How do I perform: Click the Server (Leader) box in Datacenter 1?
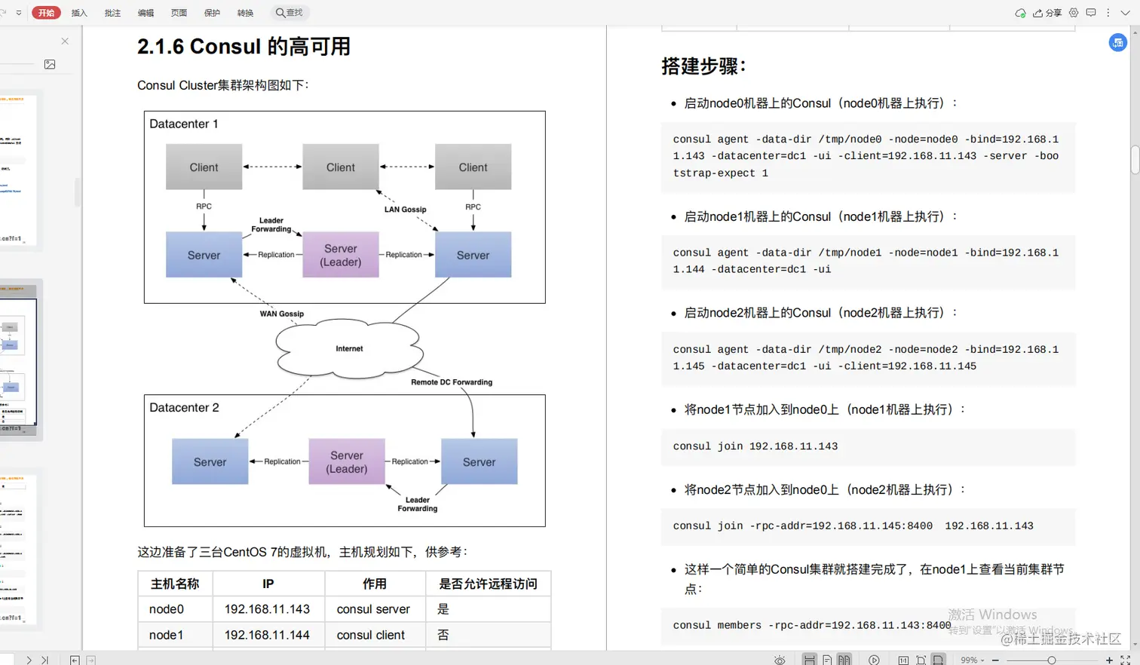point(341,255)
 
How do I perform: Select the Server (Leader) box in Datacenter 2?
point(347,461)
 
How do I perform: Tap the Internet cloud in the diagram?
point(349,348)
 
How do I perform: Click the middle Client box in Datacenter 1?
point(341,167)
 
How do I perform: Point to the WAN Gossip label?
point(282,314)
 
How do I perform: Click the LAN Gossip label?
point(405,210)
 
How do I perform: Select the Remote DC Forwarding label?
point(452,382)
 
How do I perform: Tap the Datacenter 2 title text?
point(184,408)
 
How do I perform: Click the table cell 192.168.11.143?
point(267,609)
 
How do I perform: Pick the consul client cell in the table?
point(371,635)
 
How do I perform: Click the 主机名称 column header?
point(175,584)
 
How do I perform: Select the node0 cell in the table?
point(167,609)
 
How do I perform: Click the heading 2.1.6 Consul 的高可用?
point(244,47)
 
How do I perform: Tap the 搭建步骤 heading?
point(703,66)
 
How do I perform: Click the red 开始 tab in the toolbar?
point(46,13)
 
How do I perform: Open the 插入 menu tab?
point(79,13)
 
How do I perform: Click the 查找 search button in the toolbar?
point(290,13)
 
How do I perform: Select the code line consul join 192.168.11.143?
point(755,446)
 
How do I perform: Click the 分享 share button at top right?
point(1048,13)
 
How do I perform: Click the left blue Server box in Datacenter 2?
point(210,461)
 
